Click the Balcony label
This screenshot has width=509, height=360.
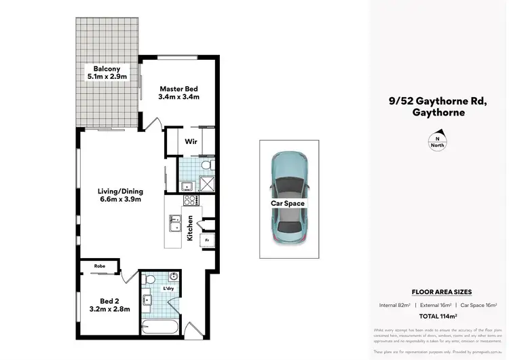(x=107, y=69)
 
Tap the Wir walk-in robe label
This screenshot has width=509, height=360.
(x=190, y=143)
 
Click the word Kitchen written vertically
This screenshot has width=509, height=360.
(x=191, y=228)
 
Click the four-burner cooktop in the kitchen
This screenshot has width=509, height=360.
(x=191, y=200)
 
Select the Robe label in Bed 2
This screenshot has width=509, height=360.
(x=99, y=266)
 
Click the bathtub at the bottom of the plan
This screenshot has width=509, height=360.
(x=159, y=330)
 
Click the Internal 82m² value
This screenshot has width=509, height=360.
(x=396, y=304)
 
